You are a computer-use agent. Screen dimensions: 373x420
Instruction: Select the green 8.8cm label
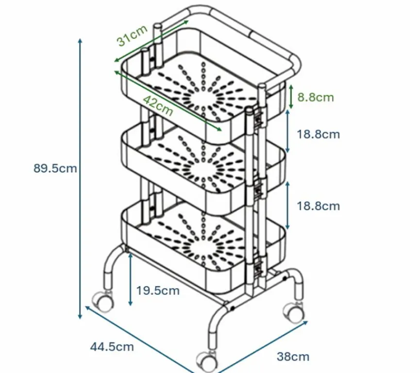pyautogui.click(x=316, y=97)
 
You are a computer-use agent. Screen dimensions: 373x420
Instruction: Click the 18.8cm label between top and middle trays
pyautogui.click(x=318, y=134)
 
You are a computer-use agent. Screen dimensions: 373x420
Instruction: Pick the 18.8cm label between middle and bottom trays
pyautogui.click(x=318, y=206)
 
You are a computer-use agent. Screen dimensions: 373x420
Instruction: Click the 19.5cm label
pyautogui.click(x=158, y=291)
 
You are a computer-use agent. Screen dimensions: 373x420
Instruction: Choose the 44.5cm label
pyautogui.click(x=112, y=346)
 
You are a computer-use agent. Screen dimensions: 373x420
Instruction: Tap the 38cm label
pyautogui.click(x=293, y=357)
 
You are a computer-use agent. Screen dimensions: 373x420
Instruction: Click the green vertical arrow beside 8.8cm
pyautogui.click(x=290, y=97)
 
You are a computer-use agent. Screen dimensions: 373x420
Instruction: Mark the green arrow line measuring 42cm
pyautogui.click(x=168, y=100)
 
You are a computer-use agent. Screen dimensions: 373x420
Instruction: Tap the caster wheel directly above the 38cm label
pyautogui.click(x=293, y=311)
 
